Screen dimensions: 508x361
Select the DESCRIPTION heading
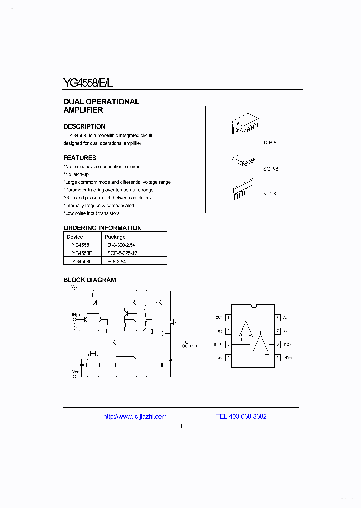(84, 126)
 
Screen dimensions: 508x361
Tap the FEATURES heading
(80, 158)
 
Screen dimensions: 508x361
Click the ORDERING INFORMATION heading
(102, 228)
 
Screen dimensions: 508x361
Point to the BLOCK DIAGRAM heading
(90, 280)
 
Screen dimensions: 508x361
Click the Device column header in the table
(75, 237)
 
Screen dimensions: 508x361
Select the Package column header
(115, 237)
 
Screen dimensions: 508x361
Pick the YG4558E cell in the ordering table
(81, 253)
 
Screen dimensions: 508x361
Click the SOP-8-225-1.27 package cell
(122, 253)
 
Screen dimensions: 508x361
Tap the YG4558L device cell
(81, 261)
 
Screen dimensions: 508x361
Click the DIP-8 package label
(270, 143)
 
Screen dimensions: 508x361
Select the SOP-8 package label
(271, 169)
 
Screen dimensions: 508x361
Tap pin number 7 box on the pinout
(277, 331)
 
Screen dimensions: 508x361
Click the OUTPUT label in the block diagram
(189, 346)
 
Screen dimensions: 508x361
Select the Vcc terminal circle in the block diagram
(75, 291)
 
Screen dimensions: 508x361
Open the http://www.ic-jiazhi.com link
(135, 416)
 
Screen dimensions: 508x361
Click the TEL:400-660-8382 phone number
(241, 416)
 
